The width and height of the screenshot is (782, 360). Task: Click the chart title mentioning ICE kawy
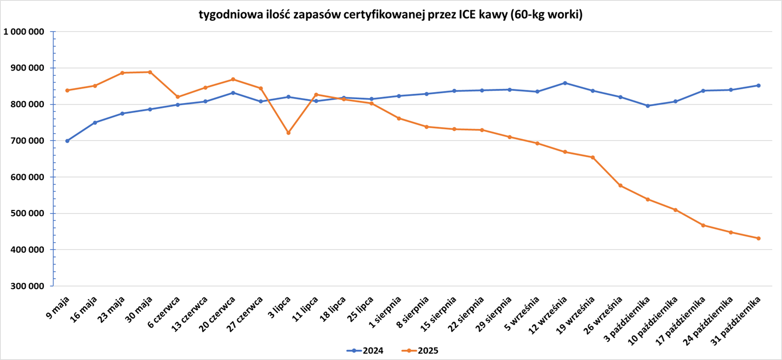coord(391,15)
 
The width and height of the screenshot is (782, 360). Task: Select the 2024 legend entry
coord(365,351)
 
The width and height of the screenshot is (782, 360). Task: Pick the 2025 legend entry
coord(420,351)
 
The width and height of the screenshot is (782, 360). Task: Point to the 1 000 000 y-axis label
coord(24,32)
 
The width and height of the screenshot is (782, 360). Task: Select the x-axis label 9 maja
coord(58,307)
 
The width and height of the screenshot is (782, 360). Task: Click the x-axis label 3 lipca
coord(279,307)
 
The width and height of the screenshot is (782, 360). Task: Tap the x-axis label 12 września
coord(548,315)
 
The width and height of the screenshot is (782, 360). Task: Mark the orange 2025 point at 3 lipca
coord(288,133)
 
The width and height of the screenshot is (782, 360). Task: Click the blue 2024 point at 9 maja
coord(67,141)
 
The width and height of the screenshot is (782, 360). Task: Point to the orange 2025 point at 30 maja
coord(150,72)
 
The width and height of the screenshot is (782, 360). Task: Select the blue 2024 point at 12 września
coord(565,83)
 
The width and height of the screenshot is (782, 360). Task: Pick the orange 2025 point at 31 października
coord(758,238)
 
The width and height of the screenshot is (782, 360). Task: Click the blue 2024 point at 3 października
coord(648,106)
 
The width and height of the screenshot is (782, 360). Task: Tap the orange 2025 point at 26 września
coord(620,186)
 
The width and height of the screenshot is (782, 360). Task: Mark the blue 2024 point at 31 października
coord(758,85)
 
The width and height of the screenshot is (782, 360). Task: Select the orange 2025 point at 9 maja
coord(67,90)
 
